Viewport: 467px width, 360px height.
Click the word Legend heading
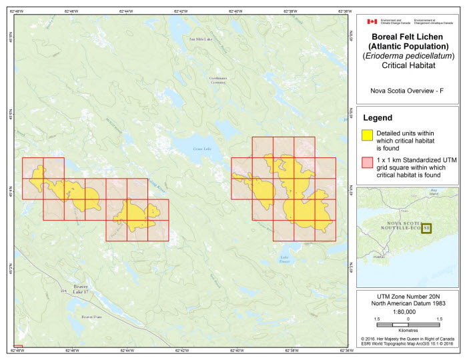coord(378,117)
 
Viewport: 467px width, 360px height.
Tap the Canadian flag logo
coord(372,21)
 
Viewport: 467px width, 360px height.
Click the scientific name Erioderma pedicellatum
coord(408,56)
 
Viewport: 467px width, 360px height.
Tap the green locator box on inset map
coord(426,228)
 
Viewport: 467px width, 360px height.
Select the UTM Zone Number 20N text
coord(408,294)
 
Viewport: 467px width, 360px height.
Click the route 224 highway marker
coord(64,291)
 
